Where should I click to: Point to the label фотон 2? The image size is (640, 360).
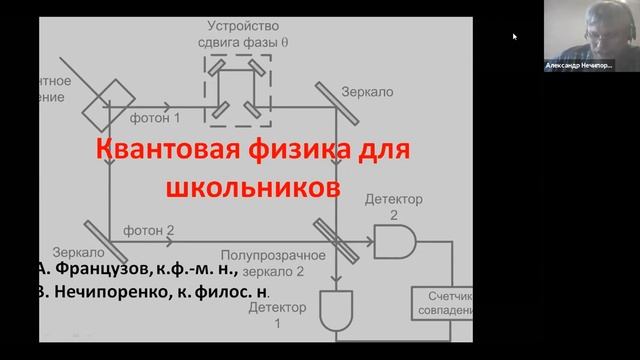tap(149, 230)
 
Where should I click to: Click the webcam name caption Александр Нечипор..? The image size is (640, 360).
tap(578, 64)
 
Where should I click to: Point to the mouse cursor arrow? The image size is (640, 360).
tap(515, 37)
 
